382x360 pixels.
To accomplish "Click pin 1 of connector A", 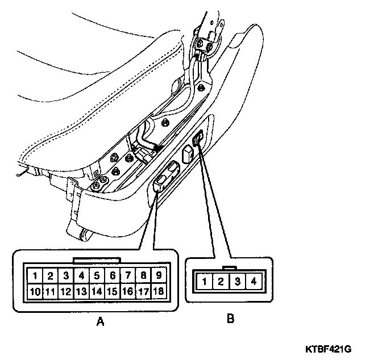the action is click(x=35, y=276).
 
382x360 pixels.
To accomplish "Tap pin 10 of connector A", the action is click(x=35, y=292).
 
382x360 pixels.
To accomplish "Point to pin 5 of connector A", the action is click(x=97, y=276).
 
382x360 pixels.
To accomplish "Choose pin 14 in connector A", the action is click(x=97, y=292).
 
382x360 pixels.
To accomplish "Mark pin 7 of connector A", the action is click(x=128, y=276).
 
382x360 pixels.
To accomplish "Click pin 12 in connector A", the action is click(x=66, y=292).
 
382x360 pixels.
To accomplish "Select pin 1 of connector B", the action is click(x=204, y=281).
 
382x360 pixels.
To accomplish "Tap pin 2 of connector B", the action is click(x=221, y=281).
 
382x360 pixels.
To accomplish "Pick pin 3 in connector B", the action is click(x=237, y=281).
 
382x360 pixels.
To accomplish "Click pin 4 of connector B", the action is click(x=254, y=281).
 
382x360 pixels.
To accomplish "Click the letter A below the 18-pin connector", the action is click(x=101, y=322).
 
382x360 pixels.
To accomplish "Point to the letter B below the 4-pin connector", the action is click(x=230, y=319).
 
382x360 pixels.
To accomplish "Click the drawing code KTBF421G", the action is click(x=336, y=348).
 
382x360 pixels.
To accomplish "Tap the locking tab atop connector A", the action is click(x=97, y=260).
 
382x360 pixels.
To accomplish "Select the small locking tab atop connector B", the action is click(x=229, y=267).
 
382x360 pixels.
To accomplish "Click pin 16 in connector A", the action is click(x=128, y=292).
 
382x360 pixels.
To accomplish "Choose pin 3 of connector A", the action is click(x=66, y=276).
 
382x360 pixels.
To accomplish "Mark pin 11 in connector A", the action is click(x=50, y=292).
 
